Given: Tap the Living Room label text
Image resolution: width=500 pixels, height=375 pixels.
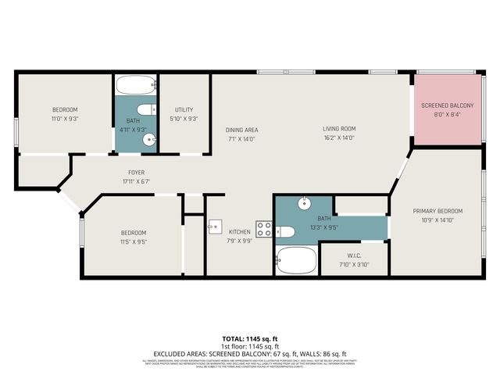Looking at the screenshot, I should (339, 129).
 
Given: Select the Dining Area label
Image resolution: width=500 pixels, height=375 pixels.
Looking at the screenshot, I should (241, 130).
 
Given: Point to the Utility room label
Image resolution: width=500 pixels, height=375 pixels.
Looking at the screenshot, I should (184, 110).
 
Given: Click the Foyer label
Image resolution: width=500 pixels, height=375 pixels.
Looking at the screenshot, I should (136, 172).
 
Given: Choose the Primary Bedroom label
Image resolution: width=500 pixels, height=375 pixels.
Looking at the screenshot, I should (437, 211).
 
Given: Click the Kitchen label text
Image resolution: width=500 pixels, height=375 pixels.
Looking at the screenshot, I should (239, 231).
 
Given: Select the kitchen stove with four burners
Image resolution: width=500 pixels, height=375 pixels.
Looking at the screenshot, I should (264, 230).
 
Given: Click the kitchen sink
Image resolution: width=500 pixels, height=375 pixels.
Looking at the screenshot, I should (215, 227).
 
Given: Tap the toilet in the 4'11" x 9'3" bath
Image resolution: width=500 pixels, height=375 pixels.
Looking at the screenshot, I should (145, 109).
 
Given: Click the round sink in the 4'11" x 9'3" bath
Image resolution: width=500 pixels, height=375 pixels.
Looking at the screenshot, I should (148, 141).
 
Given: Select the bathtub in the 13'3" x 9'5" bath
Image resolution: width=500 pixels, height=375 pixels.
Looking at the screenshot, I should (295, 260).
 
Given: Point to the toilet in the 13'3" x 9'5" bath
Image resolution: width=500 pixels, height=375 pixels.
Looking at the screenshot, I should (285, 231).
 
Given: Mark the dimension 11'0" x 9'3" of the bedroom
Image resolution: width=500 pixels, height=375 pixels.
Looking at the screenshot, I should (65, 118).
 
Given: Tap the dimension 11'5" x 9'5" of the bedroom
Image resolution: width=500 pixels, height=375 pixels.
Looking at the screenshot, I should (133, 241).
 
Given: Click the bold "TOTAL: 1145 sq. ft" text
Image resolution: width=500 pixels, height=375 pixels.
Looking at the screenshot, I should (249, 338).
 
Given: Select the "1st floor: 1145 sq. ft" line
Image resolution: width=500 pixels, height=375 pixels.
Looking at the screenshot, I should (249, 345).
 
